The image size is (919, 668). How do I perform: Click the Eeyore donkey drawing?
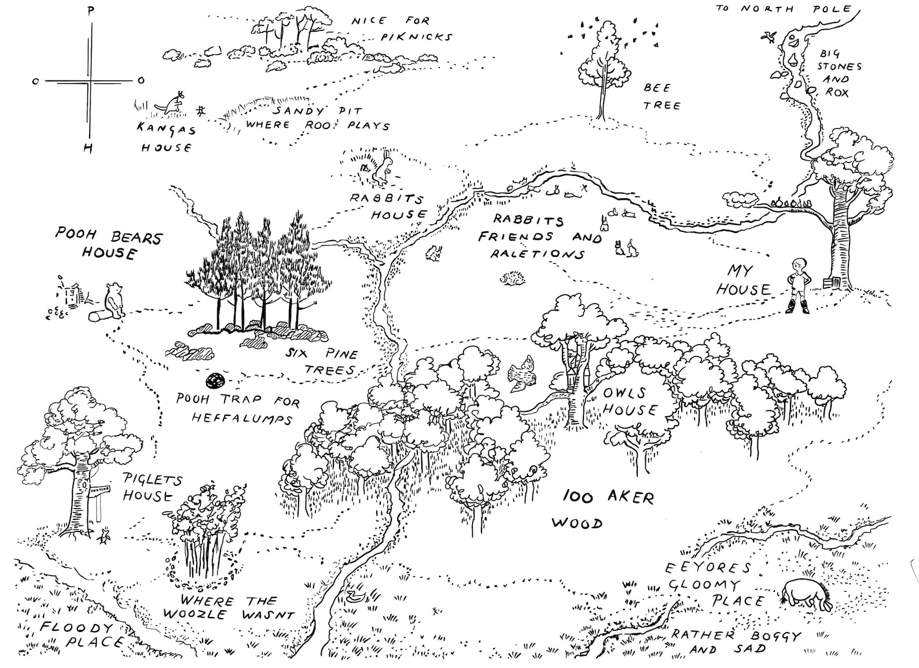pos(806,595)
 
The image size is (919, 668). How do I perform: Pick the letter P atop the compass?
pos(90,10)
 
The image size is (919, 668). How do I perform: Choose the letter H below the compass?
pos(88,149)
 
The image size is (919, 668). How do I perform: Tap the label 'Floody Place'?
pos(78,634)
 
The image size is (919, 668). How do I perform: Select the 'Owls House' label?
pos(630,401)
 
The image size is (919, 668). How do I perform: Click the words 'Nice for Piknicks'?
pos(400,28)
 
